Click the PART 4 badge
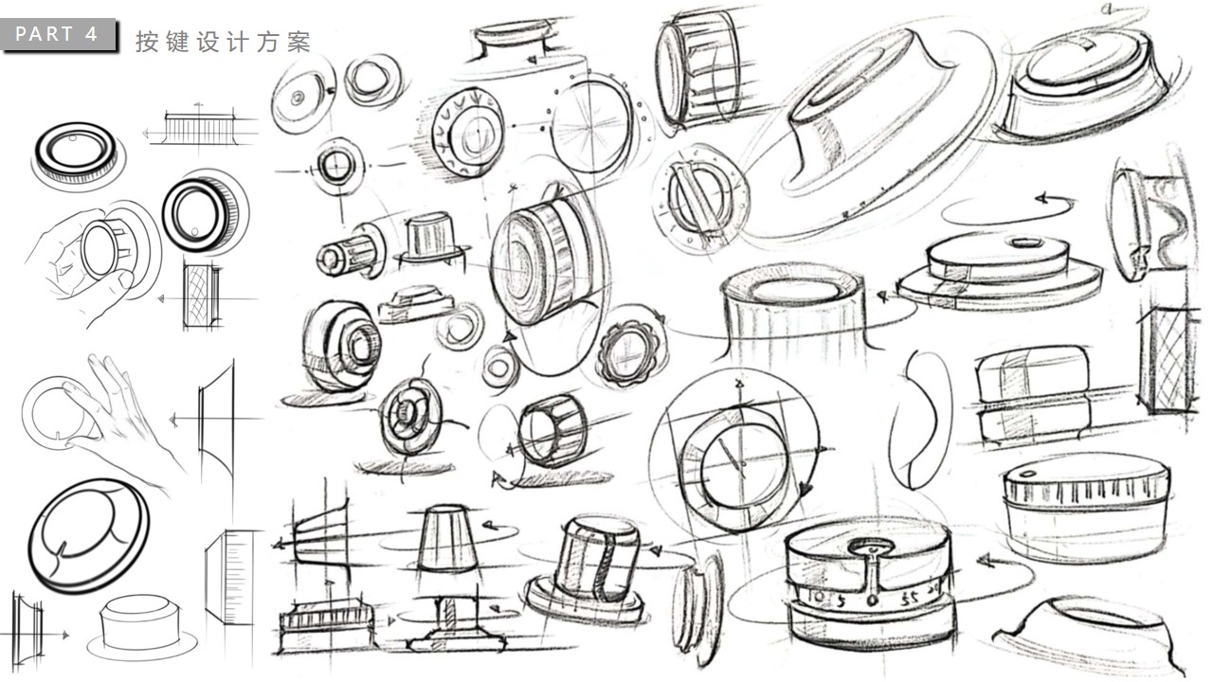click(x=58, y=35)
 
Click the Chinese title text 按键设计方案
click(x=223, y=43)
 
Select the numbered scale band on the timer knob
click(x=858, y=600)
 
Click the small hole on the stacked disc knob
click(x=1025, y=242)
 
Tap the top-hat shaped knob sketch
click(x=431, y=239)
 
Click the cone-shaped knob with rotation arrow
click(x=446, y=538)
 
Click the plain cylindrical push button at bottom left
click(x=142, y=623)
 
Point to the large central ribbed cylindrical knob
click(x=535, y=265)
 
